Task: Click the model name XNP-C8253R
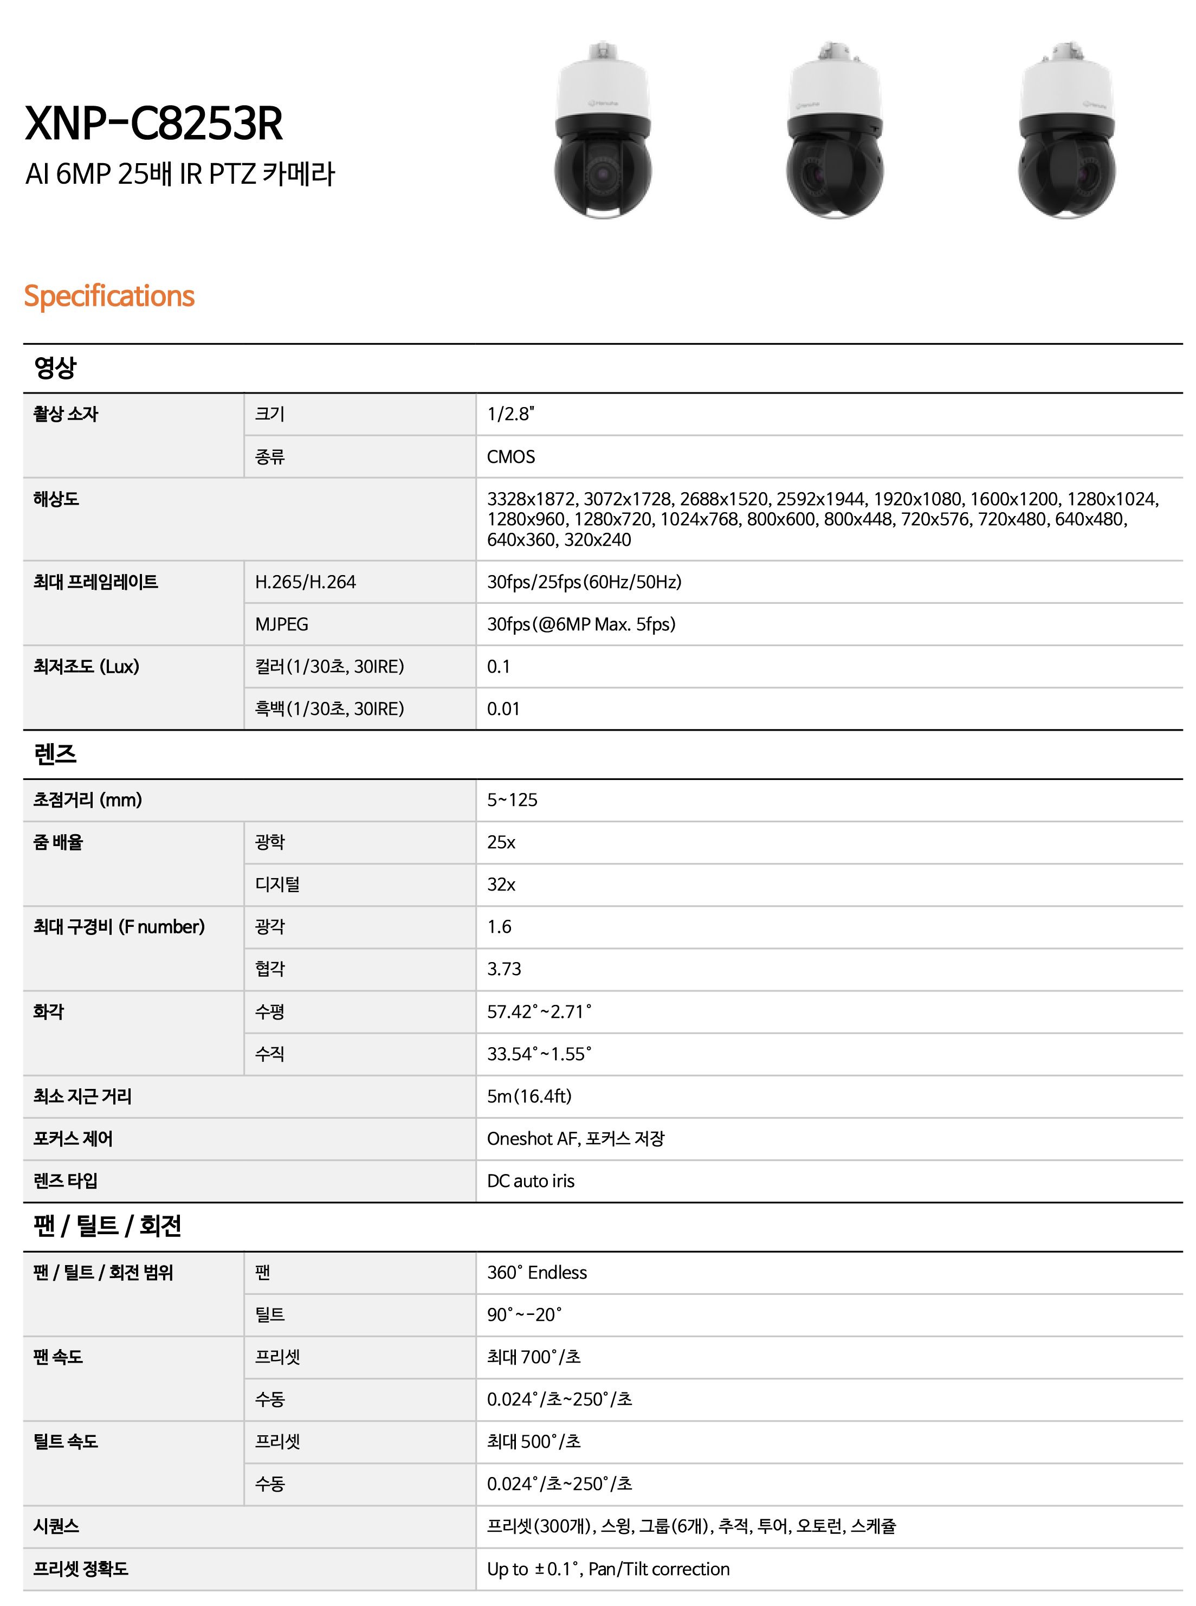pyautogui.click(x=153, y=123)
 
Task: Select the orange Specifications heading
pyautogui.click(x=109, y=295)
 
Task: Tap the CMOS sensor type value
pyautogui.click(x=510, y=457)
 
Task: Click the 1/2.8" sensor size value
pyautogui.click(x=510, y=414)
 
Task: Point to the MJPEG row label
pyautogui.click(x=282, y=624)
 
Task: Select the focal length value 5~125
pyautogui.click(x=512, y=799)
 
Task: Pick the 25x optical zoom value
pyautogui.click(x=501, y=842)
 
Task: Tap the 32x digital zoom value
pyautogui.click(x=501, y=884)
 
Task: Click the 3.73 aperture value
pyautogui.click(x=504, y=969)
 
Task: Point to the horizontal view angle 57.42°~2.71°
pyautogui.click(x=539, y=1011)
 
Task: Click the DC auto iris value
pyautogui.click(x=531, y=1181)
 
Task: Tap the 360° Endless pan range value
pyautogui.click(x=536, y=1272)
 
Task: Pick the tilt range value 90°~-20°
pyautogui.click(x=524, y=1314)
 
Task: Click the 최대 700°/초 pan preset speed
pyautogui.click(x=534, y=1357)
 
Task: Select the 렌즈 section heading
pyautogui.click(x=55, y=754)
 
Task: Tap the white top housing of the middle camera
pyautogui.click(x=834, y=91)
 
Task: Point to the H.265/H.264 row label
pyautogui.click(x=306, y=582)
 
